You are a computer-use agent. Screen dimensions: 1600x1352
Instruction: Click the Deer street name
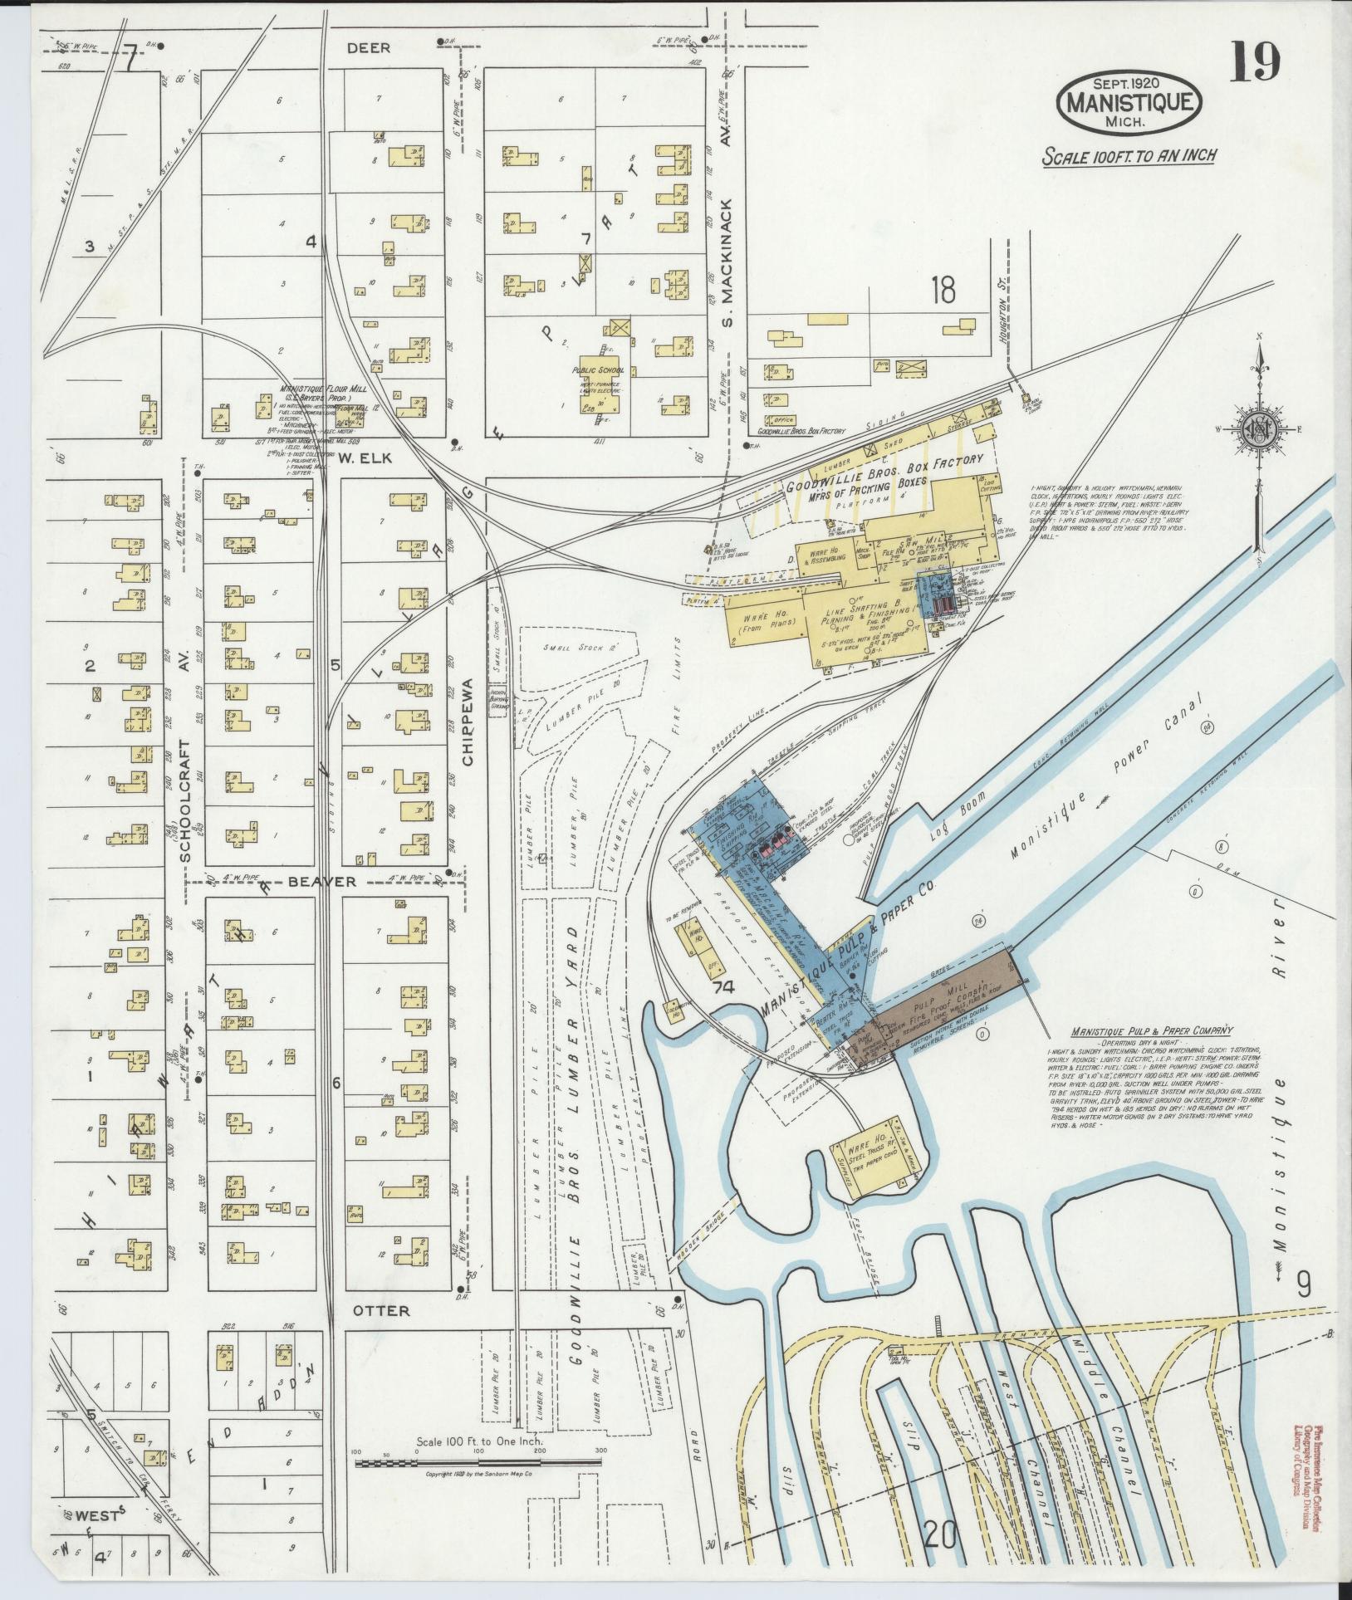point(368,48)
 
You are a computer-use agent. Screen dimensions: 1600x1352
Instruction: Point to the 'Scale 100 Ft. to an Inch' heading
point(1129,156)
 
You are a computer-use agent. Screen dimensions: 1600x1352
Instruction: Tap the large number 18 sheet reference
point(943,291)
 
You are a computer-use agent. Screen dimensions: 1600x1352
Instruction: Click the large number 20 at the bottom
point(939,1538)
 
